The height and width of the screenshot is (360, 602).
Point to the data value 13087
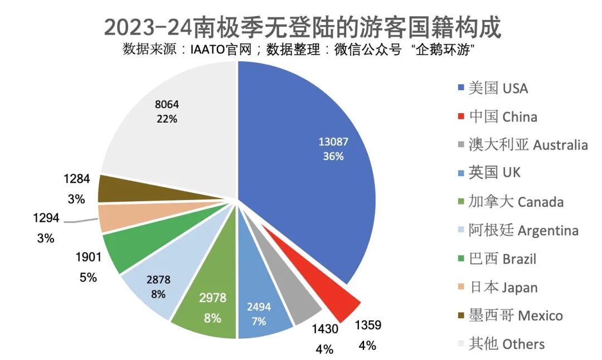333,142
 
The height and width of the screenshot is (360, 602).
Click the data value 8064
167,104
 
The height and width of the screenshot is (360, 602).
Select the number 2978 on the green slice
213,298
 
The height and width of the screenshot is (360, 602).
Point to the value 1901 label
89,257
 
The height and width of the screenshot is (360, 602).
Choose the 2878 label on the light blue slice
158,280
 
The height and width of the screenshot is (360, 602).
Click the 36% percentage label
333,157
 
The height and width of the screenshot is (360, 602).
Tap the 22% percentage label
167,119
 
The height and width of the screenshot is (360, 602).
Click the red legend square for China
460,117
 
